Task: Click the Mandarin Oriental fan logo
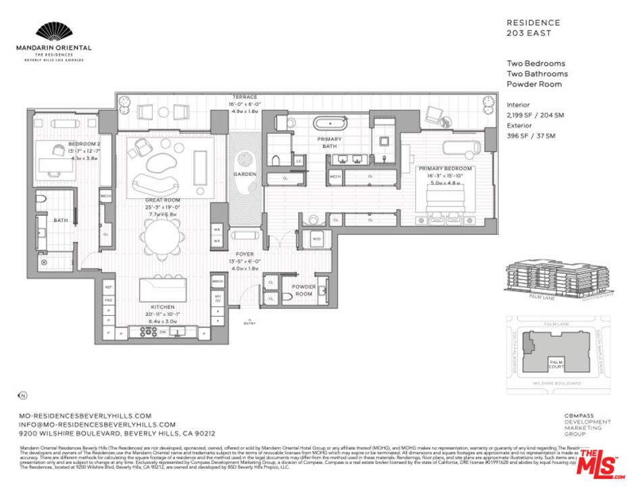(x=53, y=31)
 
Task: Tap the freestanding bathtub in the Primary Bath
(x=330, y=124)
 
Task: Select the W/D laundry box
(x=317, y=239)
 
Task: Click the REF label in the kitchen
(x=108, y=287)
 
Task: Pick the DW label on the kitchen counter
(x=163, y=332)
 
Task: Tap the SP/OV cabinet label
(x=218, y=298)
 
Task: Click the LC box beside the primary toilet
(x=298, y=161)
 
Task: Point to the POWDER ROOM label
(x=304, y=290)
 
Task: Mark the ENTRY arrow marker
(x=250, y=320)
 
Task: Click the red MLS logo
(x=600, y=463)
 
